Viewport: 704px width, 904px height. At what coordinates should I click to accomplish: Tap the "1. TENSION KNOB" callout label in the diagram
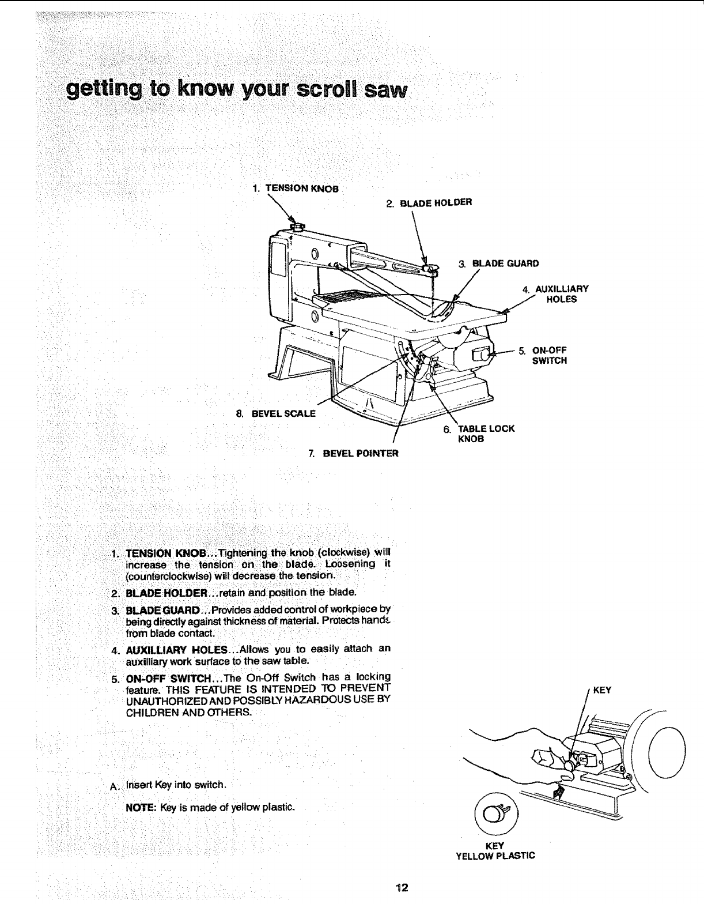coord(295,188)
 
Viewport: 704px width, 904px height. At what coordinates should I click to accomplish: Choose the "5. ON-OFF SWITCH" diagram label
coord(543,355)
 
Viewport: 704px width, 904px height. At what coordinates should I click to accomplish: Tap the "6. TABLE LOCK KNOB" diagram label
coord(478,434)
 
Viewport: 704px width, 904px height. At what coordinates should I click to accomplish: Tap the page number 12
coord(402,887)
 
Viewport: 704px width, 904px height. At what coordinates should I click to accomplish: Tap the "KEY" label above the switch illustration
coord(601,690)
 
